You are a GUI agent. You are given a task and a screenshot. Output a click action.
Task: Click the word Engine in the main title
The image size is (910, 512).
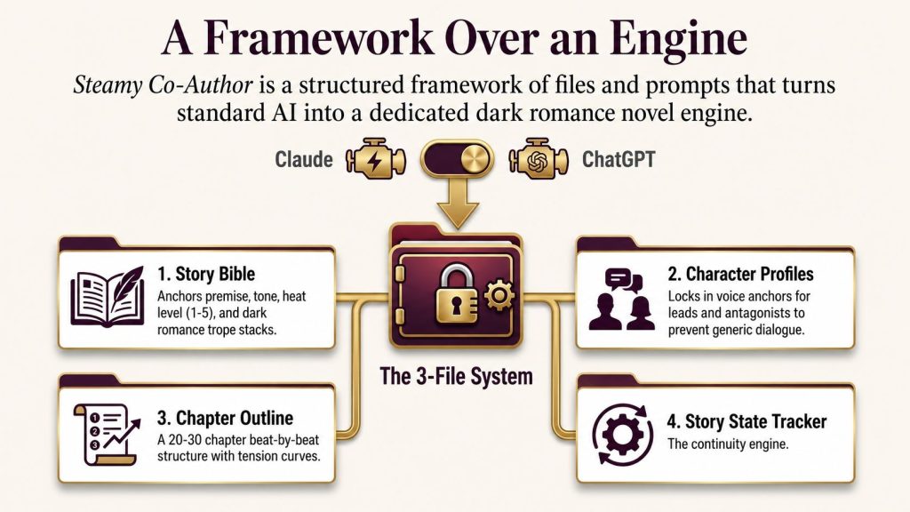click(x=678, y=39)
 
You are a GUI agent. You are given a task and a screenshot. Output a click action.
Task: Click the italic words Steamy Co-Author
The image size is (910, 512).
click(x=164, y=86)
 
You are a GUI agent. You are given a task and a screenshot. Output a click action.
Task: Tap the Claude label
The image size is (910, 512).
click(x=304, y=159)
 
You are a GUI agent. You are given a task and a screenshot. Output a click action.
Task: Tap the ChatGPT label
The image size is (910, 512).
click(x=619, y=159)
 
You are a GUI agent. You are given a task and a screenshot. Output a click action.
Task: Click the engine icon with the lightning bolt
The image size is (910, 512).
click(x=376, y=159)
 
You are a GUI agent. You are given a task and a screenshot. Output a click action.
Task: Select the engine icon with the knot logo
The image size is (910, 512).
click(x=539, y=159)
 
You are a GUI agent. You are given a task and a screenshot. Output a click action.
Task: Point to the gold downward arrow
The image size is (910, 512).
click(x=458, y=204)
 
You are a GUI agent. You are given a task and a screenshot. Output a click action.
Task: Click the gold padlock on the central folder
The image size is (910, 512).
click(x=457, y=293)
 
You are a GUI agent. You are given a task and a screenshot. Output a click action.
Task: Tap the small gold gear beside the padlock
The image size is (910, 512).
click(x=498, y=295)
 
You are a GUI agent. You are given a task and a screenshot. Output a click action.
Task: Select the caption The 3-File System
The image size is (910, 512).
click(x=456, y=376)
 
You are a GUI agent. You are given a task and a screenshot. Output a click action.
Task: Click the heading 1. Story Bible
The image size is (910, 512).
click(x=206, y=274)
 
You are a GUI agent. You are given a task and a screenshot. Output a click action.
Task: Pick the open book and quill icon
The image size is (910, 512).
click(x=108, y=296)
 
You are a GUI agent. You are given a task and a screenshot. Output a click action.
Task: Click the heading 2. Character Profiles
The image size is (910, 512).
click(x=740, y=274)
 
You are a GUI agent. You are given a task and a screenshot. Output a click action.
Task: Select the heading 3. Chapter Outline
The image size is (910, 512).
click(x=225, y=418)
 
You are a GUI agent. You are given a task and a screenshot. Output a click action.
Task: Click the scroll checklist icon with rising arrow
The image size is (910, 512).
click(x=107, y=435)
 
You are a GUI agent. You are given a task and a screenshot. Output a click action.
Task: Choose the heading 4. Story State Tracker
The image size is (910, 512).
click(x=746, y=421)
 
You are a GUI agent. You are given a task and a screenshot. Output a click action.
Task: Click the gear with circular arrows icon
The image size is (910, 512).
click(x=623, y=434)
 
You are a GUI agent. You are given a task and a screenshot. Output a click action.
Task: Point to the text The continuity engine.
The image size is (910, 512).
click(x=728, y=444)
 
